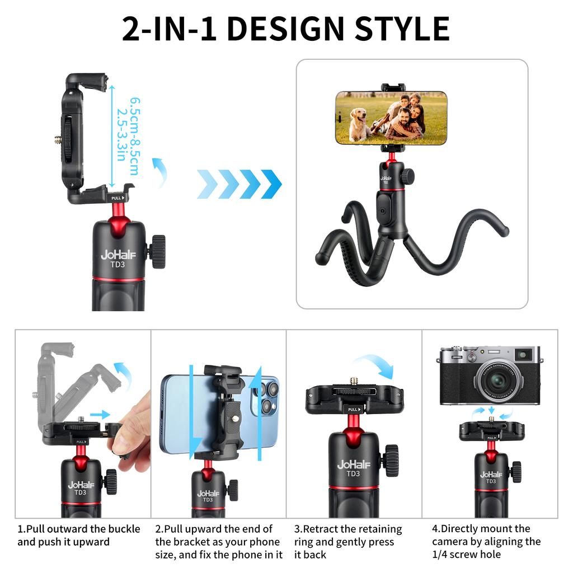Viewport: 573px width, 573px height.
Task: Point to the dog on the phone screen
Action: (x=358, y=124)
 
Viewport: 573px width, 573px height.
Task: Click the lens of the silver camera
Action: (x=497, y=381)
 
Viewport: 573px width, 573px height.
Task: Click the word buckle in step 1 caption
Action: (x=124, y=529)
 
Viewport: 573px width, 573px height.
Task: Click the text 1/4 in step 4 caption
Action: (x=440, y=555)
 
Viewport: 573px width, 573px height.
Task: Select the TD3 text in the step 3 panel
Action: (x=353, y=473)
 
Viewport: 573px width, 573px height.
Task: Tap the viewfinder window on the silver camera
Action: (x=524, y=354)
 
